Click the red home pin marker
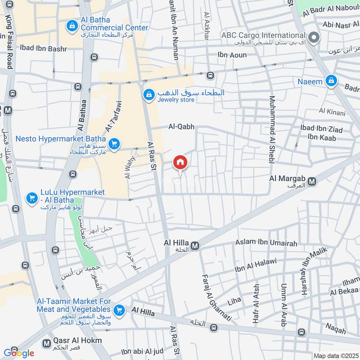click(x=180, y=162)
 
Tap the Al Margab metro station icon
click(x=312, y=181)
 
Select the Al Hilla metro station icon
click(x=195, y=246)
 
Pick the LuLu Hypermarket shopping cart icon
click(x=31, y=198)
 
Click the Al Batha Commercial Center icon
click(x=72, y=26)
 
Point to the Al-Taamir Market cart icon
click(x=119, y=310)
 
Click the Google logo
click(x=18, y=353)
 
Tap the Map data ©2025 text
click(x=335, y=355)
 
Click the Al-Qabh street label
click(x=181, y=127)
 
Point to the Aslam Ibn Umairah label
click(x=266, y=243)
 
